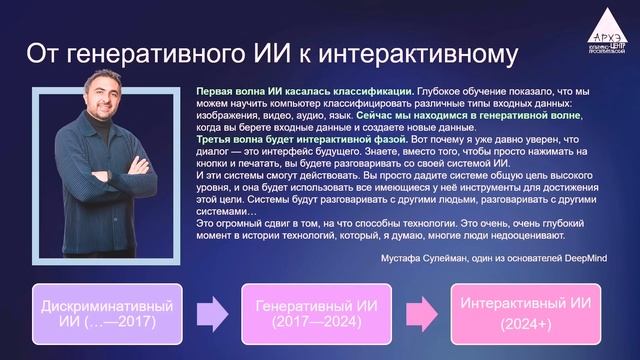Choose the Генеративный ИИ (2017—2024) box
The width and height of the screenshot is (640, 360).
pos(313,311)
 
